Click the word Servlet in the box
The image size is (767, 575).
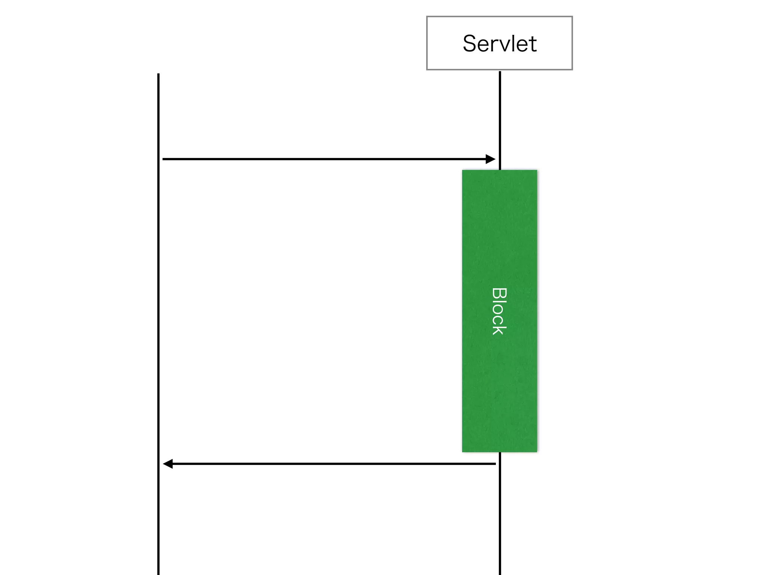click(x=500, y=43)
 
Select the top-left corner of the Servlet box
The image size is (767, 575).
click(x=427, y=17)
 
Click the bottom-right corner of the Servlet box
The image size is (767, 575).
click(x=572, y=69)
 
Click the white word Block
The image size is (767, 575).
click(x=499, y=311)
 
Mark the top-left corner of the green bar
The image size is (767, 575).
click(x=463, y=171)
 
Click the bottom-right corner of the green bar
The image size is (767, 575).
click(x=536, y=451)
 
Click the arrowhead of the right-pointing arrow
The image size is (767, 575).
click(x=491, y=159)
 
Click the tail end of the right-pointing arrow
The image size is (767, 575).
click(x=164, y=159)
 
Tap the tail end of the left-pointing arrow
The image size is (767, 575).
click(x=495, y=464)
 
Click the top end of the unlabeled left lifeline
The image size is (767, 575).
click(x=158, y=74)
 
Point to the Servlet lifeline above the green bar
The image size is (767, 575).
click(x=500, y=112)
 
